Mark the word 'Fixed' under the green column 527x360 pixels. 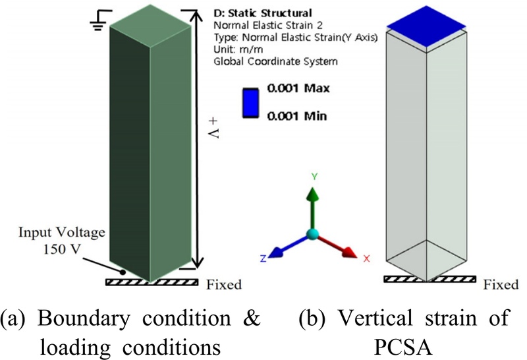coord(224,285)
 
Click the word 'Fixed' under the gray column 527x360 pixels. coord(501,285)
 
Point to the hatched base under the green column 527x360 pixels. coord(152,282)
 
